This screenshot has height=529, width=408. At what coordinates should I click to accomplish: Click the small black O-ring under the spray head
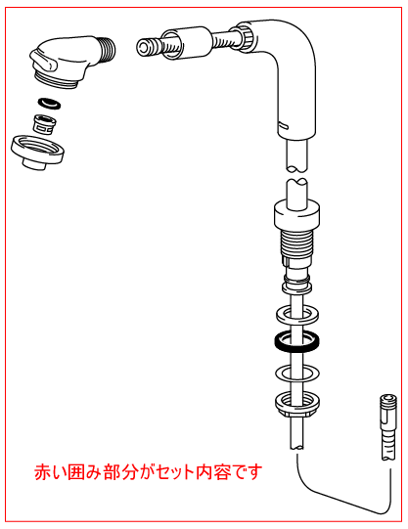click(x=50, y=104)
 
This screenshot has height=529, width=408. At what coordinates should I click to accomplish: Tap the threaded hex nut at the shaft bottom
click(x=297, y=404)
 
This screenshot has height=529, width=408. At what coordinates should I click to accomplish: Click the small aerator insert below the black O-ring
click(x=44, y=123)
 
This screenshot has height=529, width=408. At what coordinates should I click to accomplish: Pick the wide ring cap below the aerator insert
click(x=37, y=152)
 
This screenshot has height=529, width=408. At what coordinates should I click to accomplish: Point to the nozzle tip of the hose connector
click(x=145, y=47)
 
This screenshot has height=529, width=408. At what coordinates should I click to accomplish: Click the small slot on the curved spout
click(x=284, y=126)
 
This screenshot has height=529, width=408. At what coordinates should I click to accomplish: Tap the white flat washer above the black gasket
click(x=297, y=315)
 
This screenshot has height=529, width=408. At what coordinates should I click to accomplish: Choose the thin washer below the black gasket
click(x=297, y=373)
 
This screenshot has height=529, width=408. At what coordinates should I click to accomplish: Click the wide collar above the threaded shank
click(x=296, y=213)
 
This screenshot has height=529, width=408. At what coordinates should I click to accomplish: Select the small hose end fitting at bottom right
click(x=388, y=426)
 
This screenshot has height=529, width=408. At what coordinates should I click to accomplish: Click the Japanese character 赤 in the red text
click(x=43, y=472)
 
